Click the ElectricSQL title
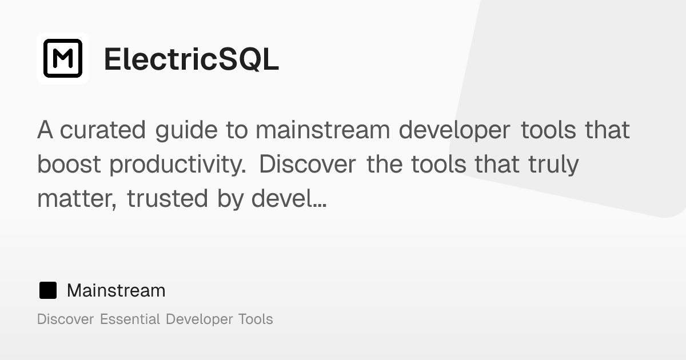click(x=191, y=59)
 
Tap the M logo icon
click(x=63, y=58)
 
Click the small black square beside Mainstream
click(x=48, y=290)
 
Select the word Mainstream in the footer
click(x=116, y=290)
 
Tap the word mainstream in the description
click(x=323, y=130)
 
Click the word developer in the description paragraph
click(x=454, y=130)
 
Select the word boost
click(x=69, y=165)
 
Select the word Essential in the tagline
click(x=130, y=319)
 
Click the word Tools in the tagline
click(x=256, y=319)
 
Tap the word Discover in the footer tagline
click(x=65, y=319)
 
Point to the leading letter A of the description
click(x=45, y=130)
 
